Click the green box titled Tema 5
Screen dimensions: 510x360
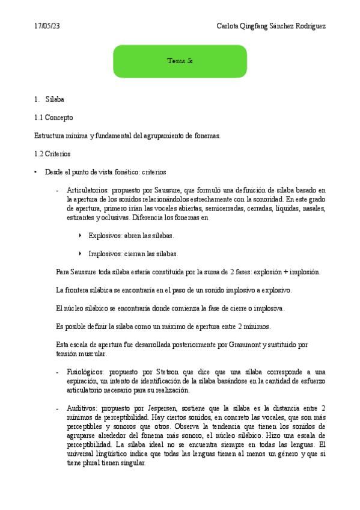180,61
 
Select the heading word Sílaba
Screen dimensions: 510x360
55,99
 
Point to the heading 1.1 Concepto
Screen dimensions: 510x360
54,117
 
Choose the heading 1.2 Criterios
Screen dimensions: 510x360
53,154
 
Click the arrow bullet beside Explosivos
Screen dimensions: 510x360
81,236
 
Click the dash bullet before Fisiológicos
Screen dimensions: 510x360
56,372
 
